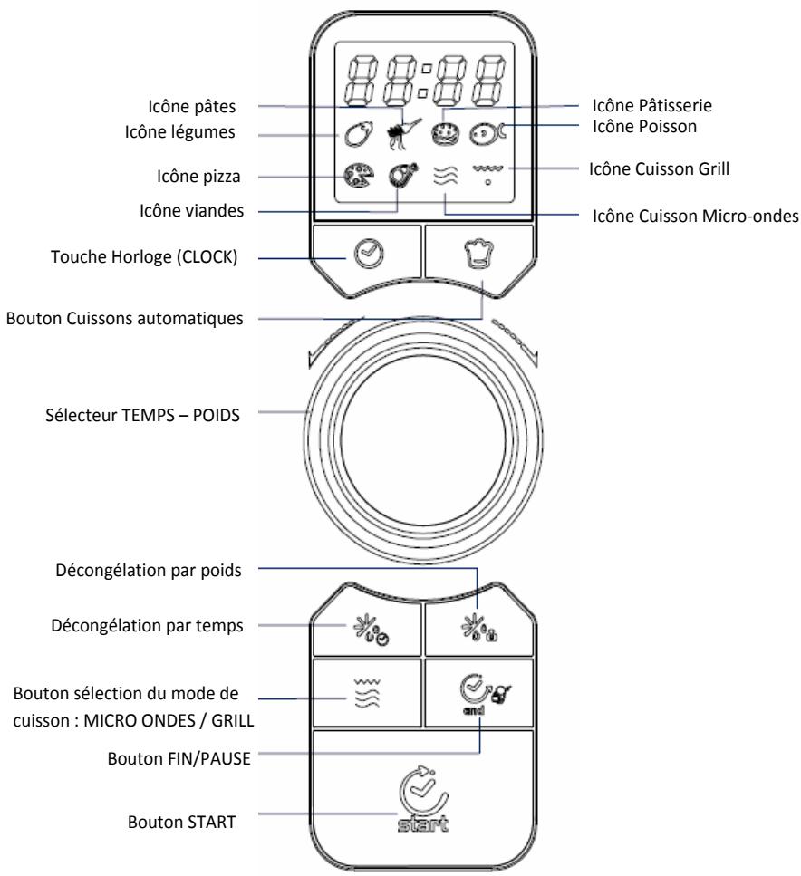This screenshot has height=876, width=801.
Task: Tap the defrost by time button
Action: (x=362, y=629)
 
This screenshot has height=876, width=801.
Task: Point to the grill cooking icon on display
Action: (x=487, y=171)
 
